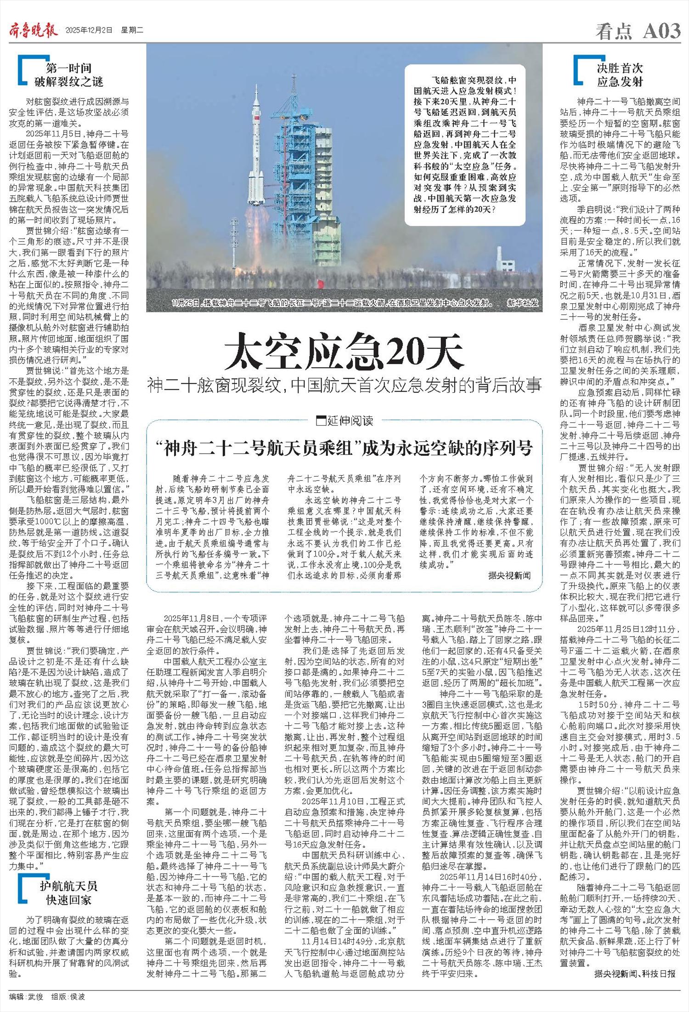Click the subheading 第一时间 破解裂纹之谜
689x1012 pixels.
coord(69,75)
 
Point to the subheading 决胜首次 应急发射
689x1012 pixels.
coord(620,75)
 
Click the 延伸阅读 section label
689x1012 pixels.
coord(345,420)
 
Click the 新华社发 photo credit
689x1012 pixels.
coord(522,303)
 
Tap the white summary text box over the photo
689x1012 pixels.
coord(465,145)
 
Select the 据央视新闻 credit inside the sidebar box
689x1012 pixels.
coord(509,575)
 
